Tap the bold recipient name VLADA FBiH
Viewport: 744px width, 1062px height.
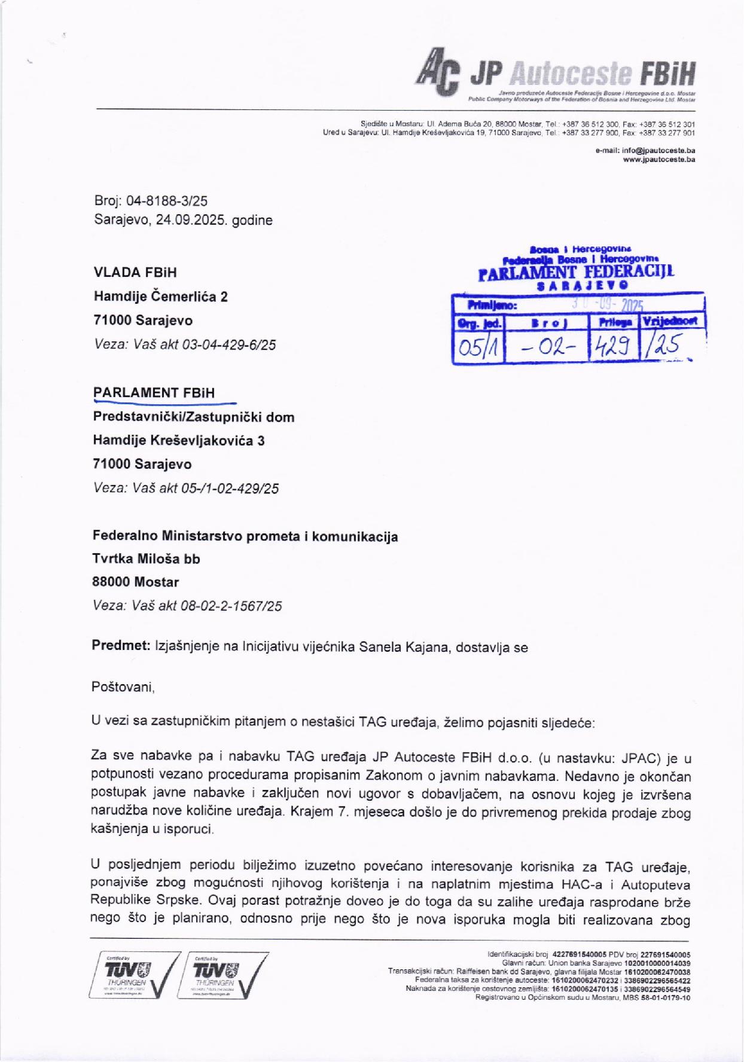click(x=135, y=273)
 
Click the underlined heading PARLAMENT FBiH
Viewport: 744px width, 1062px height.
click(x=154, y=393)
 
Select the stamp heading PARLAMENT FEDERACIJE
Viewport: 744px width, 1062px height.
click(x=577, y=274)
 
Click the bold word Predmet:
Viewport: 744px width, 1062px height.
click(x=121, y=646)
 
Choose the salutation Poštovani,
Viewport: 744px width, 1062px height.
click(x=123, y=687)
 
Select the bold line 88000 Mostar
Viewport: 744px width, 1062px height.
click(x=135, y=582)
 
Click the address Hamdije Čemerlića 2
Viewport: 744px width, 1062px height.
click(x=160, y=297)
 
